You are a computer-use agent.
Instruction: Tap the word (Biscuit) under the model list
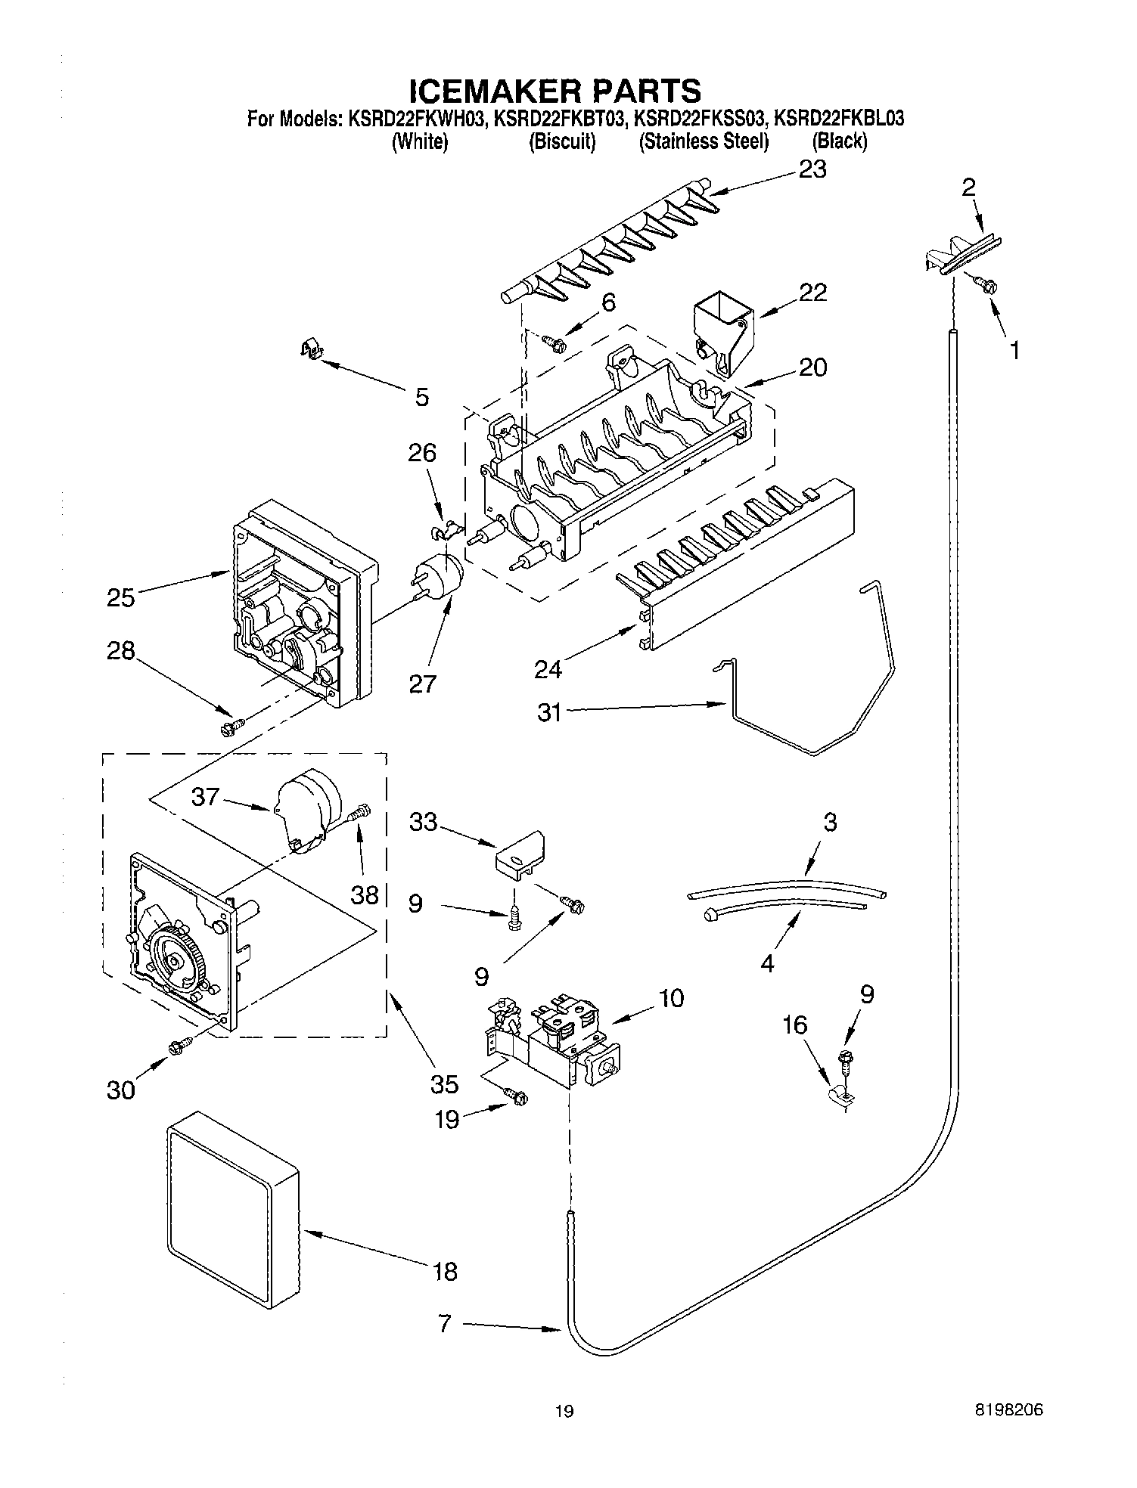coord(561,141)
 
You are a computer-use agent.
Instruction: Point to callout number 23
coord(812,169)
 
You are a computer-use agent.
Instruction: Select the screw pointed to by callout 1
coord(988,286)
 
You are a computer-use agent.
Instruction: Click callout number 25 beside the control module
coord(121,597)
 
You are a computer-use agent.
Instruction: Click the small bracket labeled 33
coord(520,854)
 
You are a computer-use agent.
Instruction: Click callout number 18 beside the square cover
coord(445,1271)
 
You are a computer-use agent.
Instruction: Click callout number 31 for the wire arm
coord(549,711)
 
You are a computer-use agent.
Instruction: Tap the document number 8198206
coord(1009,1409)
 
